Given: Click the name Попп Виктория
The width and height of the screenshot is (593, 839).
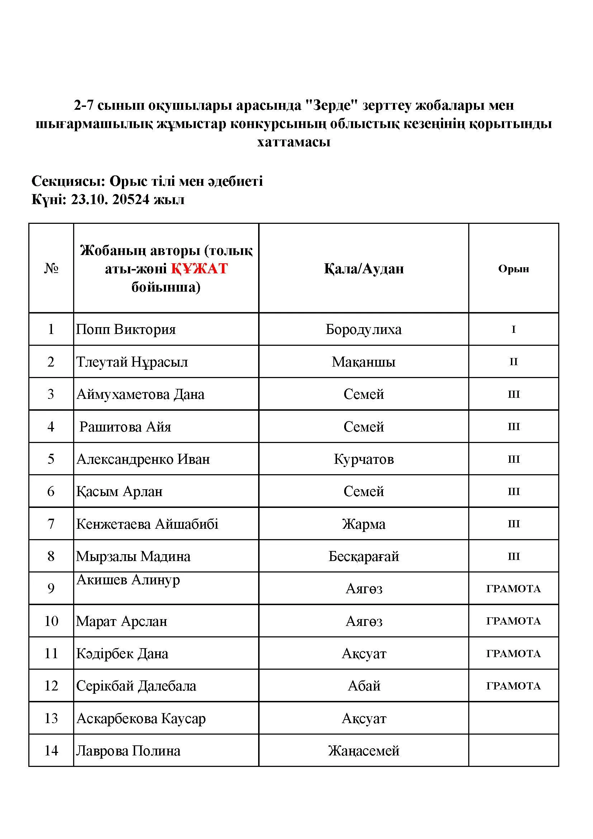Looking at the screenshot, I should pyautogui.click(x=125, y=329).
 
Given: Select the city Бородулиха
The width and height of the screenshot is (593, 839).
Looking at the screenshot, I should pyautogui.click(x=363, y=329).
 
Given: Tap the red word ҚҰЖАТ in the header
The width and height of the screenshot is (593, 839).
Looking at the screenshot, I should pyautogui.click(x=199, y=269).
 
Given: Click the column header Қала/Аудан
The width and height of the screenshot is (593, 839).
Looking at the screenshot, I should pyautogui.click(x=363, y=269).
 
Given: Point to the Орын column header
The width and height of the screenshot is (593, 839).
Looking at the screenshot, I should pyautogui.click(x=513, y=269).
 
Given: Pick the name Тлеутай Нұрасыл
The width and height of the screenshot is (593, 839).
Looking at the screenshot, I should pyautogui.click(x=132, y=362).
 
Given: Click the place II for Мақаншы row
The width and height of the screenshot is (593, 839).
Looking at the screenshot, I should pyautogui.click(x=513, y=362).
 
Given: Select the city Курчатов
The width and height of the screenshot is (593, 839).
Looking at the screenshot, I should pyautogui.click(x=363, y=459).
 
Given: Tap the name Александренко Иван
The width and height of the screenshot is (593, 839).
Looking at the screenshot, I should pyautogui.click(x=143, y=459).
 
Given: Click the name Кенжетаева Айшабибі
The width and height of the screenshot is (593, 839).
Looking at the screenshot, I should pyautogui.click(x=147, y=524).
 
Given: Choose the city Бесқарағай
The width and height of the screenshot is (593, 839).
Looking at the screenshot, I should pyautogui.click(x=363, y=556).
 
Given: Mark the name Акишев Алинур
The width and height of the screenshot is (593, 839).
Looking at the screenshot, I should pyautogui.click(x=128, y=580).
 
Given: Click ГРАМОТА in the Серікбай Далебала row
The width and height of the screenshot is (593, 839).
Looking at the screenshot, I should pyautogui.click(x=513, y=686).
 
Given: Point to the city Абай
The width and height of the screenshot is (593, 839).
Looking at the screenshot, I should pyautogui.click(x=364, y=686).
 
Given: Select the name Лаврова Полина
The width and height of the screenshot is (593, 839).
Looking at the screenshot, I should pyautogui.click(x=128, y=751).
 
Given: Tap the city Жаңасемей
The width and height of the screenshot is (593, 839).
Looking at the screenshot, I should pyautogui.click(x=363, y=751).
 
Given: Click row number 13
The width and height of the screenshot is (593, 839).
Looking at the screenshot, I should pyautogui.click(x=51, y=718).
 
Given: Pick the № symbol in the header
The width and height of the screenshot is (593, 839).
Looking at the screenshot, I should pyautogui.click(x=51, y=269).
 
